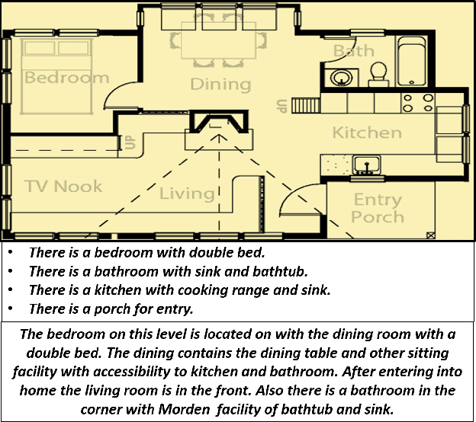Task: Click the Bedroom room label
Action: pos(67,78)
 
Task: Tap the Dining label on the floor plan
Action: pos(210,84)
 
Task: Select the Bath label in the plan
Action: pos(354,51)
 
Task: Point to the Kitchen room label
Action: pos(367,133)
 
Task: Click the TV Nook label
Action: pos(63,187)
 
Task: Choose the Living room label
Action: pos(187,193)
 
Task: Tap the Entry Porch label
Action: pos(378,208)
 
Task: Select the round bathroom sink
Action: pos(339,77)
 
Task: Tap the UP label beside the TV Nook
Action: pos(129,142)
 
